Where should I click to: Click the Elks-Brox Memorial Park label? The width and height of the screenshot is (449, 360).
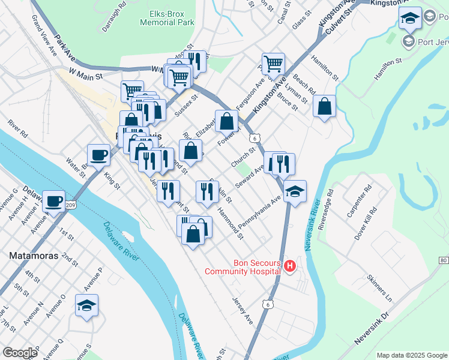[167, 17]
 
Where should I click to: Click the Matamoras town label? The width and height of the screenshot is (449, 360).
[34, 255]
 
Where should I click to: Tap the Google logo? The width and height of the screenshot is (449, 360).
[20, 353]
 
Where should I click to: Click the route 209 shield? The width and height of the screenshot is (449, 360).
[70, 205]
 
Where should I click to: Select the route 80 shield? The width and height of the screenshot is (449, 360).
[443, 260]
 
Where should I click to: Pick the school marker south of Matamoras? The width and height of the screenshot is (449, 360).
[86, 305]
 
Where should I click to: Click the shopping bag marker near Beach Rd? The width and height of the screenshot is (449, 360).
[324, 106]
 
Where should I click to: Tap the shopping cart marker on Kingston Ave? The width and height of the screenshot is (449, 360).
[273, 63]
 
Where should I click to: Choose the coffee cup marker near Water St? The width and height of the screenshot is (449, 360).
[98, 155]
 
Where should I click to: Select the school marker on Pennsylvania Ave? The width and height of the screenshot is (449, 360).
[295, 191]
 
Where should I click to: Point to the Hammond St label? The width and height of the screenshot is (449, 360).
[231, 223]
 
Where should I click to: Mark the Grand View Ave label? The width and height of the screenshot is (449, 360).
[44, 40]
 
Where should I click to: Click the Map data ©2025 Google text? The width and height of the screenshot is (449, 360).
[411, 355]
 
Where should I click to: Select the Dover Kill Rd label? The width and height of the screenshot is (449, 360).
[365, 223]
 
